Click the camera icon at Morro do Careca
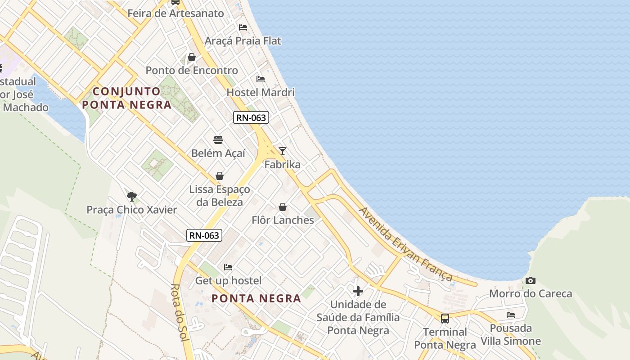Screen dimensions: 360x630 531,281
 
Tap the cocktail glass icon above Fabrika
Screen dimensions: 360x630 282,151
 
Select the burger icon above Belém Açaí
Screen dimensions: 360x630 218,139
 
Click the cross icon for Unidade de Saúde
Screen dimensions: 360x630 358,291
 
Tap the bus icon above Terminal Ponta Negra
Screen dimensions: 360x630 445,319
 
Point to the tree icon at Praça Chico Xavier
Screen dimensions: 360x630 131,196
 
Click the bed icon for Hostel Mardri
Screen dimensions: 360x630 261,79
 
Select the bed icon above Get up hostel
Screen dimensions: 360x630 228,267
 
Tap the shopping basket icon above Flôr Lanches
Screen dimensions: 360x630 283,207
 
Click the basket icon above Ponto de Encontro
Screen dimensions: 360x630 192,57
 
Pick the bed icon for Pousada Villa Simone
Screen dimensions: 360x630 511,315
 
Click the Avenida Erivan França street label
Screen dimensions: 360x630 405,243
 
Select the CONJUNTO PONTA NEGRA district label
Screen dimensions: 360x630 127,98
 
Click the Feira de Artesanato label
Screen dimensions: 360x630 175,13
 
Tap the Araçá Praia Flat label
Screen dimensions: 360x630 243,41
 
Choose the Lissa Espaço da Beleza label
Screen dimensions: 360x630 220,196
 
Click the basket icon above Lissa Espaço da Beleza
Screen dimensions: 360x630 220,176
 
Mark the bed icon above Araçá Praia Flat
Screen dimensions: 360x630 243,27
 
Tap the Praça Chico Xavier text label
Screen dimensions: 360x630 132,210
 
